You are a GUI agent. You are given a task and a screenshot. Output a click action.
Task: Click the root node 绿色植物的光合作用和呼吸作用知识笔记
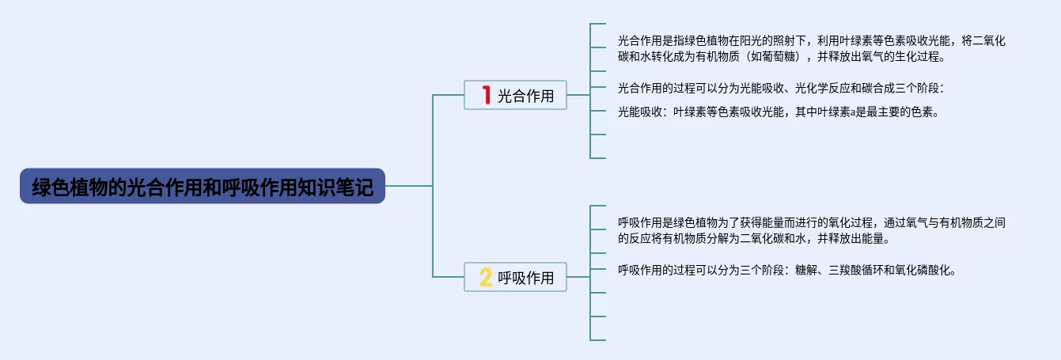point(203,187)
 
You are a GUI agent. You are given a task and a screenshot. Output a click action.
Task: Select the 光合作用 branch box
point(515,96)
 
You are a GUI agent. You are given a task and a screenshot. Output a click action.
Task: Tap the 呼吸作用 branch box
point(515,278)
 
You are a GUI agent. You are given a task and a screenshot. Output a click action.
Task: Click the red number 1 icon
point(486,96)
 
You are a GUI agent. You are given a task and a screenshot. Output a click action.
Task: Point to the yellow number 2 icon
point(486,278)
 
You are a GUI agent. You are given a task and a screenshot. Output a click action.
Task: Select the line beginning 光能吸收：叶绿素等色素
point(778,112)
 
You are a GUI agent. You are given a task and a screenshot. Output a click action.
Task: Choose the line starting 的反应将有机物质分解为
point(764,238)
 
